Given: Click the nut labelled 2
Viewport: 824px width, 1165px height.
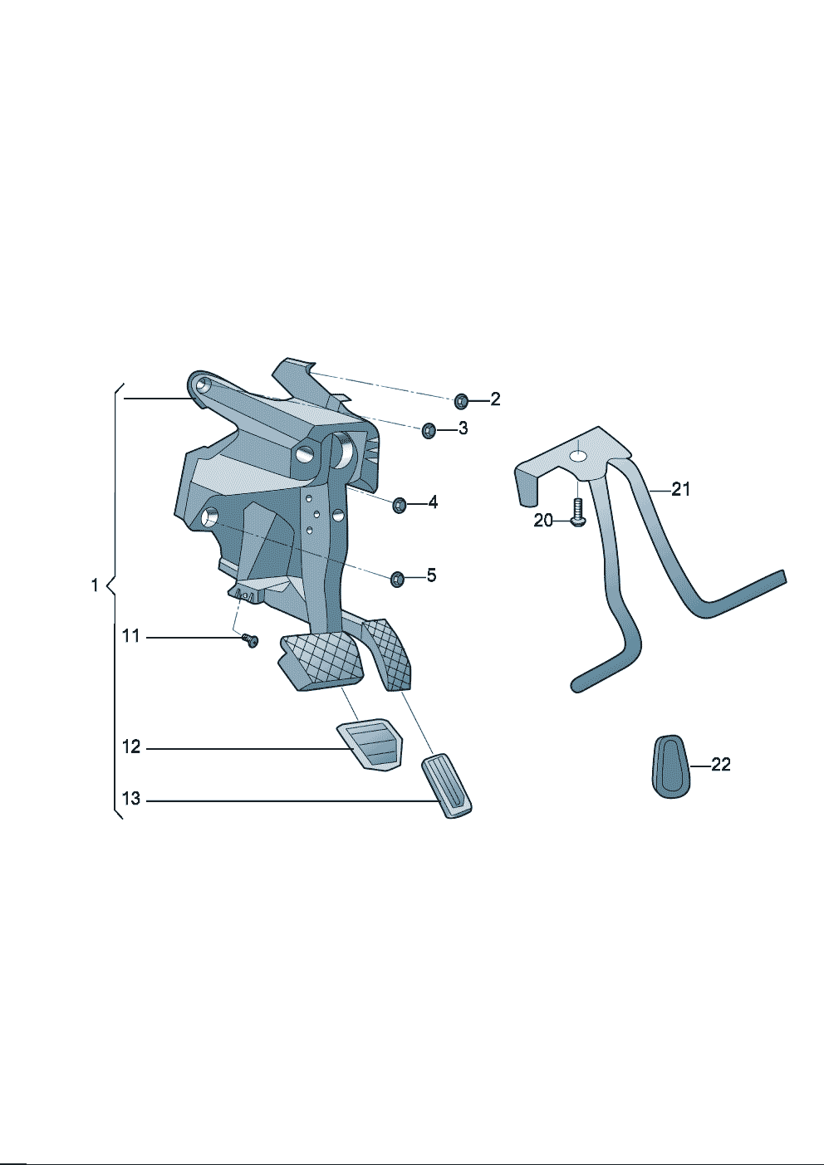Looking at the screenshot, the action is (x=461, y=401).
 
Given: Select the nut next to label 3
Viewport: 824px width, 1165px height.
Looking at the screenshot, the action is (x=429, y=431).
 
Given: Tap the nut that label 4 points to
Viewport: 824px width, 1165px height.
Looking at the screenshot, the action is (x=400, y=505).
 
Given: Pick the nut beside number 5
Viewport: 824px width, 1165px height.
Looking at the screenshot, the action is (x=397, y=578).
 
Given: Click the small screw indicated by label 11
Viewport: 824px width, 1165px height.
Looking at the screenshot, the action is (x=251, y=640).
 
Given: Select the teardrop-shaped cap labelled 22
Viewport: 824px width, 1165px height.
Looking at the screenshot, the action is (x=671, y=766).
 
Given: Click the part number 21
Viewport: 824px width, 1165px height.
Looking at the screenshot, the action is (x=680, y=489).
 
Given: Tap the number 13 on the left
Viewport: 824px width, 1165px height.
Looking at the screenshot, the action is (x=131, y=798).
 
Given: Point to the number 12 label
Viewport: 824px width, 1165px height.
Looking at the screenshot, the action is (x=131, y=746).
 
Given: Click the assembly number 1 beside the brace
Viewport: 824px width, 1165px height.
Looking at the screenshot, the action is (x=95, y=585).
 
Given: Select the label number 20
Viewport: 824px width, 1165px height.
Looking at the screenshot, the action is (x=543, y=520).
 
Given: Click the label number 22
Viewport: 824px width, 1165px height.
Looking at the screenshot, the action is (x=720, y=765).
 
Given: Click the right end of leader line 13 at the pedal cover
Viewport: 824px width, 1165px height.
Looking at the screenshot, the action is (x=441, y=801).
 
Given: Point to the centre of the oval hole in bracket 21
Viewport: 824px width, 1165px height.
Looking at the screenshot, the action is (x=578, y=456).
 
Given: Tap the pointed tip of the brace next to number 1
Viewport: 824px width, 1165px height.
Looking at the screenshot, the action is (x=106, y=586).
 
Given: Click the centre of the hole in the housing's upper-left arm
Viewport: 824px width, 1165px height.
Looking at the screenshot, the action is (x=204, y=384).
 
